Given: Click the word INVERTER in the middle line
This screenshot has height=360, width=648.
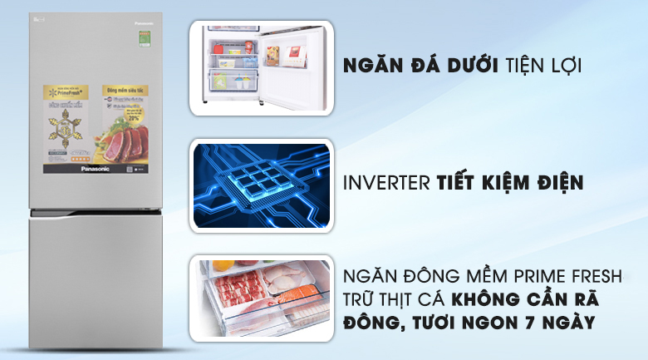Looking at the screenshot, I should click(x=390, y=183).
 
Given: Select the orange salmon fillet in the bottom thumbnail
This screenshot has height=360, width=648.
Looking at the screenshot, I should click(x=300, y=295).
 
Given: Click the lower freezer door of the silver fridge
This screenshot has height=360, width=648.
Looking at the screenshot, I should click(x=96, y=283).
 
